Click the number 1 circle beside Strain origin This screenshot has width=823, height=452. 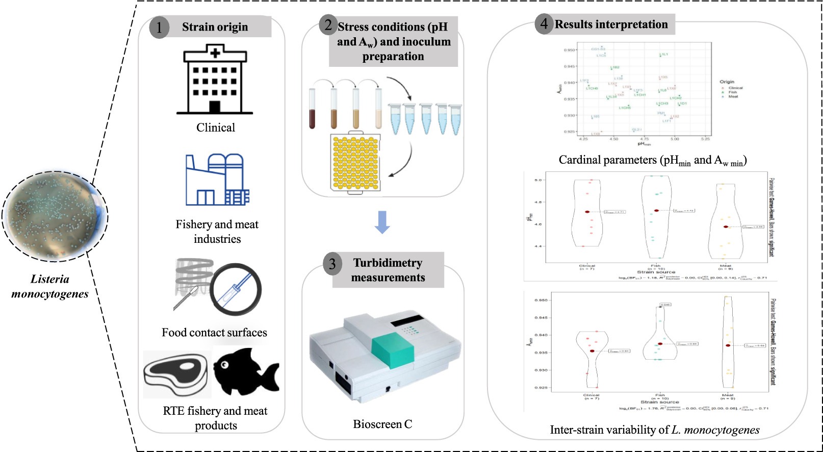[x=159, y=28]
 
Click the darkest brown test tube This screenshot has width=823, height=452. [x=312, y=109]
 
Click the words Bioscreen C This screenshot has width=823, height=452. [x=382, y=424]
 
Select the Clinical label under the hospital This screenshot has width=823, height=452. [x=216, y=128]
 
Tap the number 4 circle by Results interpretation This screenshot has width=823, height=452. [x=544, y=24]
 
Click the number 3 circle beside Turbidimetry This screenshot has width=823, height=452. [x=332, y=264]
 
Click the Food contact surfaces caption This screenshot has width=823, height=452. [x=214, y=333]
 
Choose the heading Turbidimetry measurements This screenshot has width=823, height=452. [x=388, y=270]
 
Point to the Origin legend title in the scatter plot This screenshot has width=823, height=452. [x=727, y=82]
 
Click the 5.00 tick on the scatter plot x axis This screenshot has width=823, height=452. [x=675, y=139]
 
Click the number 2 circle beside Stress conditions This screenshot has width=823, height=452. [x=328, y=25]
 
